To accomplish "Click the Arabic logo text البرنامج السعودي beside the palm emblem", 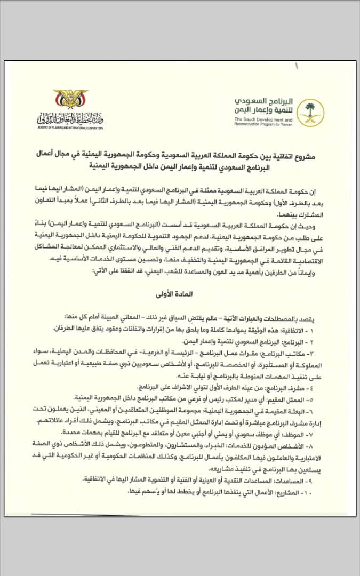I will [266, 101].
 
